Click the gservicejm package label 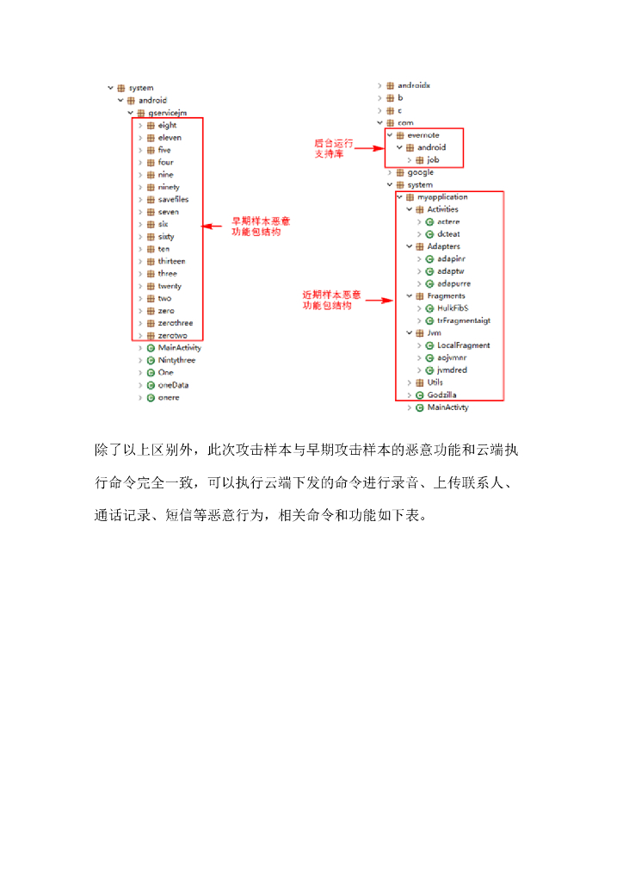tap(167, 113)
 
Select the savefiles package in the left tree tap(173, 199)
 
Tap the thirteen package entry tap(171, 261)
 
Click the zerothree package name tap(175, 323)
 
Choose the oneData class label tap(173, 385)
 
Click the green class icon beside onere tap(151, 398)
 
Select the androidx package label tap(414, 85)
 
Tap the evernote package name tap(423, 135)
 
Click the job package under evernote tap(433, 160)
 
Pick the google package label tap(421, 172)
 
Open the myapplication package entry tap(442, 197)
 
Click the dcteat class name tap(448, 234)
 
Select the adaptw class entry tap(451, 271)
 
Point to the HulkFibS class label tap(453, 308)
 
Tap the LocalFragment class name tap(463, 345)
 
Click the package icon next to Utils tap(420, 382)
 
